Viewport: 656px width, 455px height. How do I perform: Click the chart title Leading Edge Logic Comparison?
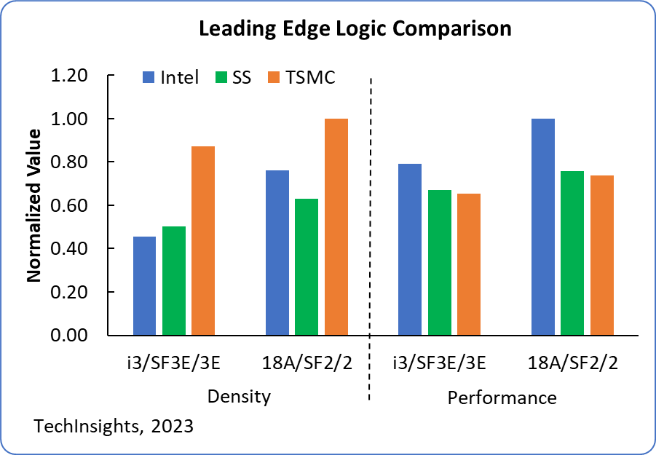point(355,29)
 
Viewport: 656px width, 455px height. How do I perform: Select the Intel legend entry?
point(170,77)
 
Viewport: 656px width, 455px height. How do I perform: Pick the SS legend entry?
point(233,77)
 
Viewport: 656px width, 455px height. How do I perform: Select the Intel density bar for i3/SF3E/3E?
point(145,286)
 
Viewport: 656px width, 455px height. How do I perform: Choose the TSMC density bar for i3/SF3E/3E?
point(203,241)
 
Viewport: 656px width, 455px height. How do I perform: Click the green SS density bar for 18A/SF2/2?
point(307,267)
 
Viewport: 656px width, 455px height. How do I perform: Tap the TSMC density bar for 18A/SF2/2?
point(336,227)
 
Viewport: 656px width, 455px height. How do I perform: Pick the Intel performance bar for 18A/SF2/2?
point(543,227)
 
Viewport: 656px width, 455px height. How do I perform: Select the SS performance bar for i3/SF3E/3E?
point(440,263)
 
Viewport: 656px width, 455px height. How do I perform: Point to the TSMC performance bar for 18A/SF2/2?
point(601,256)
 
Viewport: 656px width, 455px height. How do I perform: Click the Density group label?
point(240,397)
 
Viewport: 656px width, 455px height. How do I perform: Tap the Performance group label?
point(502,397)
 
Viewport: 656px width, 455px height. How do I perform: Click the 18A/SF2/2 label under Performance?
point(572,363)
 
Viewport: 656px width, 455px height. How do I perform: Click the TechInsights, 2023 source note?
point(114,426)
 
